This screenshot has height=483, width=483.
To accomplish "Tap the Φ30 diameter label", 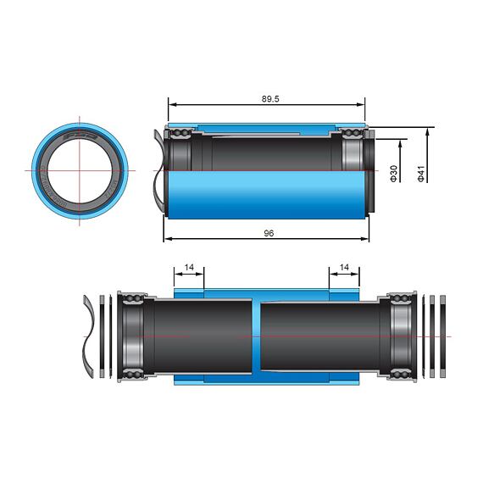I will (x=393, y=173).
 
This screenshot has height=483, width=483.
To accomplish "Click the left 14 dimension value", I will (x=189, y=267).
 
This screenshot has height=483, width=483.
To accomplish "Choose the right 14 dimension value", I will (x=343, y=267).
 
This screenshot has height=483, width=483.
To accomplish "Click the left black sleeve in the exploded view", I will (x=202, y=336).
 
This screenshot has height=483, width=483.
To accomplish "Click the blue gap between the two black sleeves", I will (x=257, y=336).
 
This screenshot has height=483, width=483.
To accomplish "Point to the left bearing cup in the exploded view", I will (x=133, y=336).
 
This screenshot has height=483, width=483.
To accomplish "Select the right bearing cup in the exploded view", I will (x=400, y=336).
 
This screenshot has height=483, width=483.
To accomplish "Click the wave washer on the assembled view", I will (x=158, y=169).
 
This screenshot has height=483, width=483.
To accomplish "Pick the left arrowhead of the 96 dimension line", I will (x=167, y=239).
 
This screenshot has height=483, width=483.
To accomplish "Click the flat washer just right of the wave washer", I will (x=103, y=336).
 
